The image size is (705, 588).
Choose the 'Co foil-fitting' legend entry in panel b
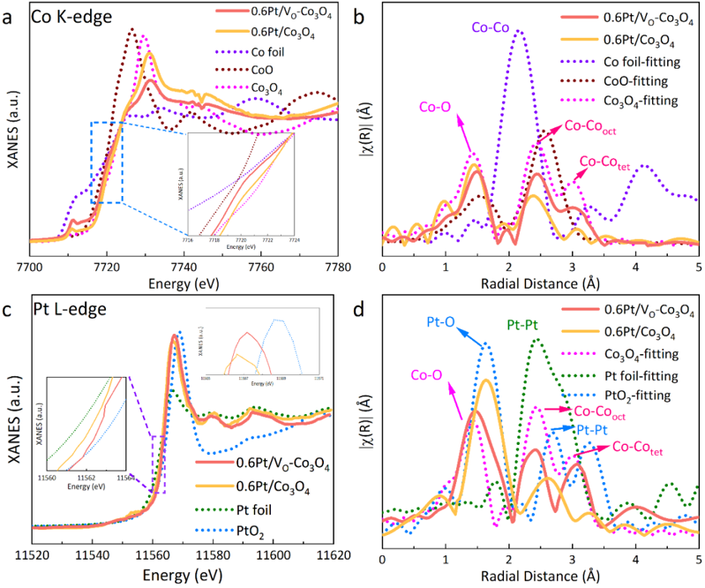point(633,61)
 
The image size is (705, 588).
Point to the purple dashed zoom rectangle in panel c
point(158,464)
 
